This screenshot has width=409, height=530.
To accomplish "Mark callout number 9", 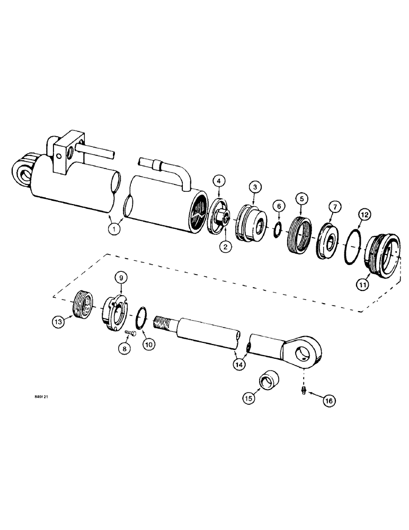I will [x=120, y=277].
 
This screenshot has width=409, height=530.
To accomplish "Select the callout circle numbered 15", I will [x=250, y=396].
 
